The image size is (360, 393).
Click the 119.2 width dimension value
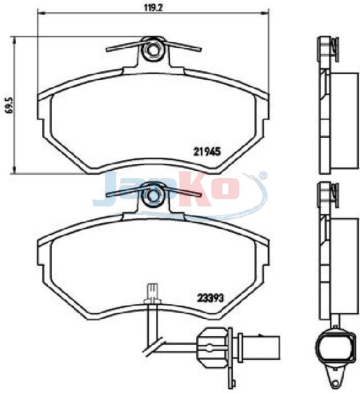[x=154, y=7]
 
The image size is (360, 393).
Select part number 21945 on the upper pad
[x=207, y=151]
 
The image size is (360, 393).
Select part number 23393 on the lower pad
[x=210, y=298]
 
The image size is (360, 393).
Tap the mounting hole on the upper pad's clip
[x=152, y=49]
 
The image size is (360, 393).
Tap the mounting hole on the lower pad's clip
[x=152, y=195]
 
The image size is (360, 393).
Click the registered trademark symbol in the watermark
[x=263, y=176]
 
